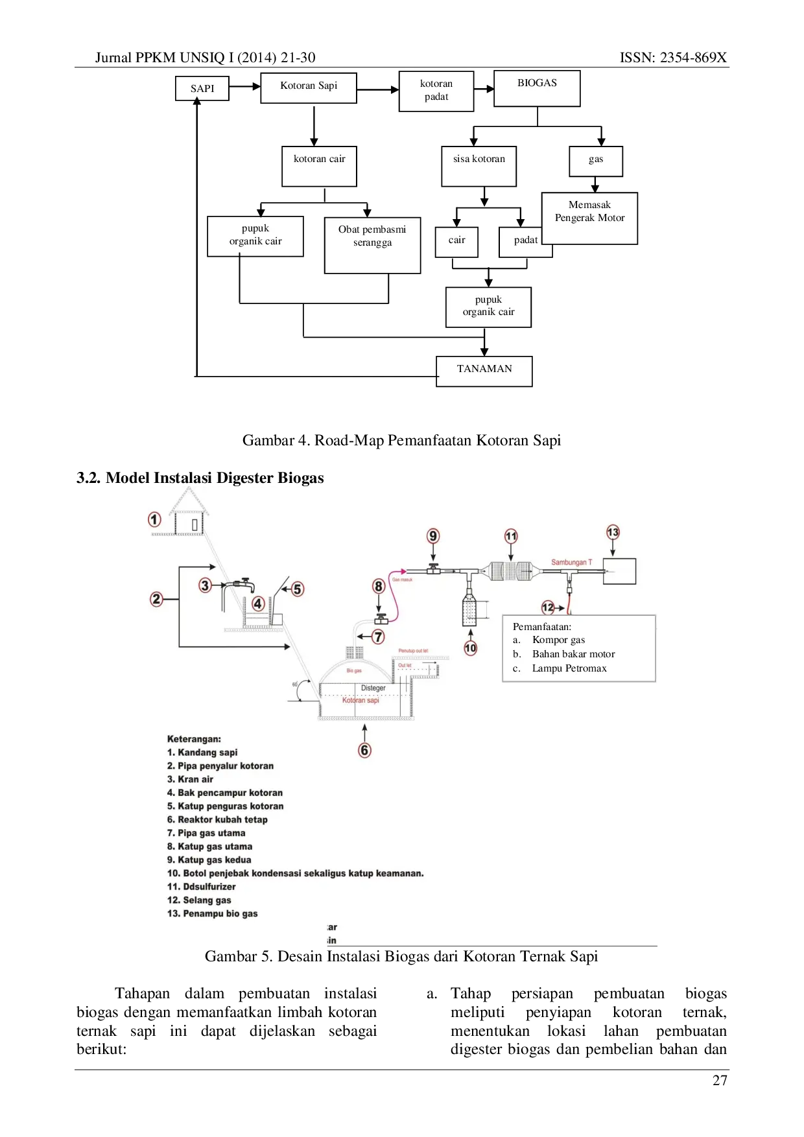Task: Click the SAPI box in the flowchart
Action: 202,88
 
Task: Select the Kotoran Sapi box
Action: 309,86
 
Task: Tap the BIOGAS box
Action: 537,87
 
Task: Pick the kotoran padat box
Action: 436,91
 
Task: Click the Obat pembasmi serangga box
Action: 373,242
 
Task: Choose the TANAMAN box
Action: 484,369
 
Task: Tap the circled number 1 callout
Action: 154,520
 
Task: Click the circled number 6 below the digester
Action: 365,751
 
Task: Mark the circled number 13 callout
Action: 613,533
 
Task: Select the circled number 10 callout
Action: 471,648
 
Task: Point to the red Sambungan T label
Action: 571,563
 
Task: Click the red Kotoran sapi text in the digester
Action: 361,701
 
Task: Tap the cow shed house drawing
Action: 189,514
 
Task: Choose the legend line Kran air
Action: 190,779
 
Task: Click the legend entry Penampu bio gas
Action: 213,913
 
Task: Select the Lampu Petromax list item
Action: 569,668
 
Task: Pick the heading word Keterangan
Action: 194,739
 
